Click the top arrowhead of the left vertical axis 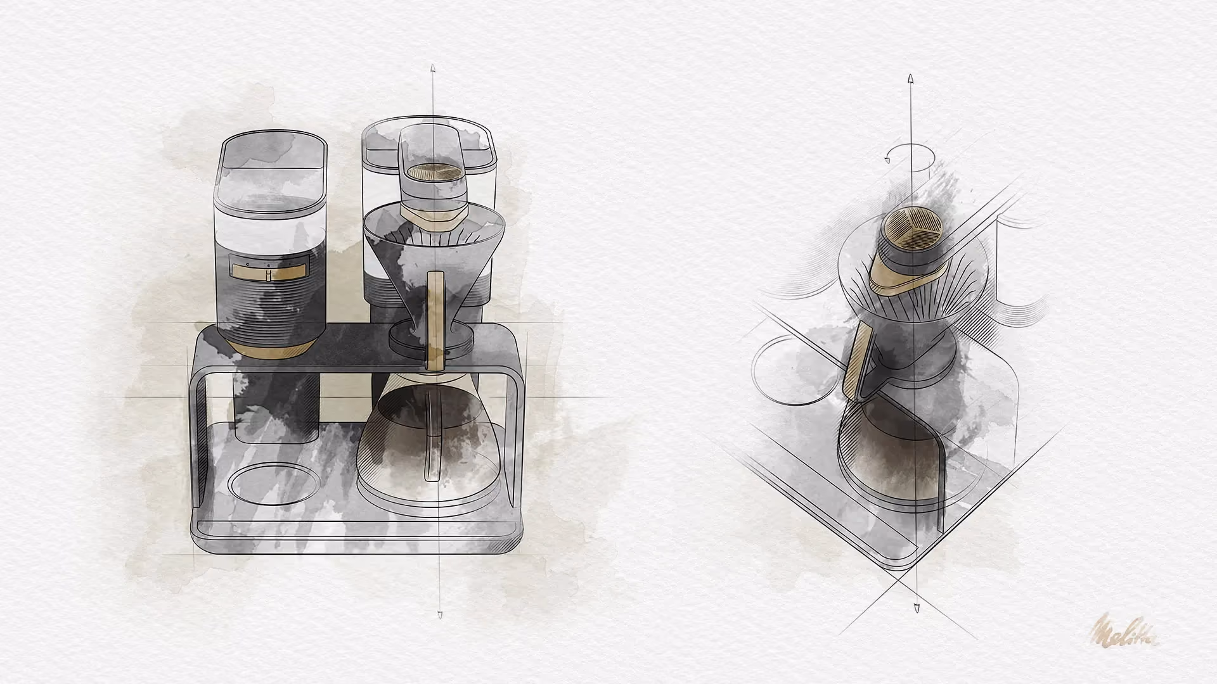[x=432, y=67]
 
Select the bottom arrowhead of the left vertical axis [x=440, y=615]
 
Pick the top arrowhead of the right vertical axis [x=910, y=80]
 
